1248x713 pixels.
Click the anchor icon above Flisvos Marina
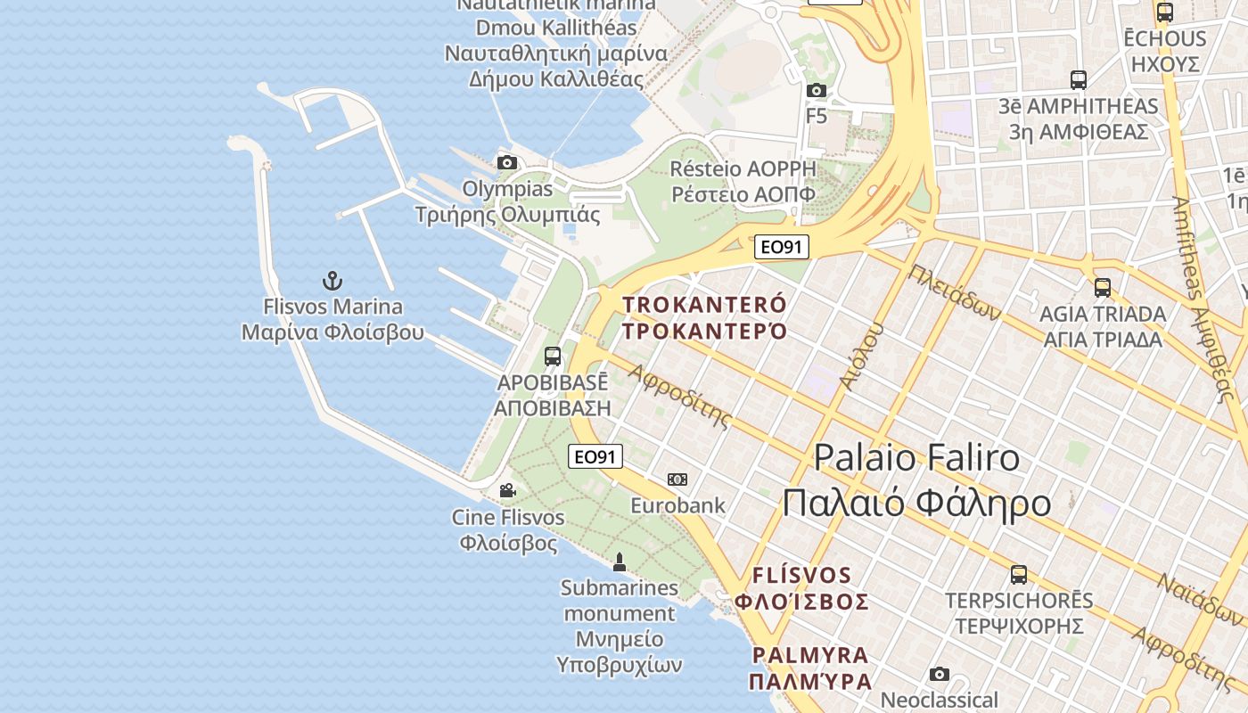[333, 282]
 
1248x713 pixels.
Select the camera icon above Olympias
[507, 162]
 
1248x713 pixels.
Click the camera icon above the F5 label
[816, 90]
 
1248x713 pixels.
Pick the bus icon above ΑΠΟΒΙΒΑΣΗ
[553, 356]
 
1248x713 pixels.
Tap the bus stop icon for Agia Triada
[1103, 287]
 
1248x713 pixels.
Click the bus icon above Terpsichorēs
[1019, 574]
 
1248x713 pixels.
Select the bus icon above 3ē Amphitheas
[1079, 80]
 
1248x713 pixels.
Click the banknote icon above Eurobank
[677, 479]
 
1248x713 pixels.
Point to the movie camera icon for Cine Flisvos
[507, 490]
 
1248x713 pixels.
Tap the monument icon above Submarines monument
[620, 561]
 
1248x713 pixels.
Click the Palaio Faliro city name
[916, 457]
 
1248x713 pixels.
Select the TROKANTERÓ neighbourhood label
[704, 305]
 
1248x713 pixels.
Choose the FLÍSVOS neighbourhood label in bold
[801, 575]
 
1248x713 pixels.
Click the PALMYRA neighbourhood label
[809, 655]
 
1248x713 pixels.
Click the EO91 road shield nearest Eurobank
[595, 457]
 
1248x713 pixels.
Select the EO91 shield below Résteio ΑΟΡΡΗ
[781, 247]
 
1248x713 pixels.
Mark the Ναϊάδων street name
[1200, 597]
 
